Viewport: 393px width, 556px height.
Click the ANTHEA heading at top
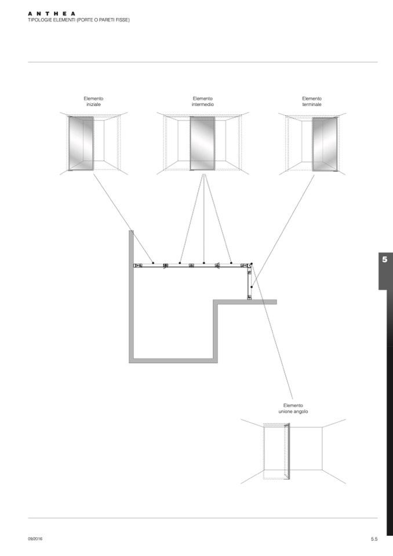[x=52, y=13]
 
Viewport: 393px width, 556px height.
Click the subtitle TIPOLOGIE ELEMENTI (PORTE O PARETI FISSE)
[x=79, y=20]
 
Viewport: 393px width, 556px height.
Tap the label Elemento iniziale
[x=93, y=101]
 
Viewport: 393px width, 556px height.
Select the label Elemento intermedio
[x=203, y=101]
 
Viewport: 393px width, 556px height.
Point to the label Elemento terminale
[x=312, y=101]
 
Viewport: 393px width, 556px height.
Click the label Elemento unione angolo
[x=293, y=408]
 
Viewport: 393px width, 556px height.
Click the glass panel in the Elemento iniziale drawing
[x=81, y=144]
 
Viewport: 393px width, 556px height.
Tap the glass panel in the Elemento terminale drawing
[x=325, y=144]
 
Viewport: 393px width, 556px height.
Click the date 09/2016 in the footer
[x=35, y=539]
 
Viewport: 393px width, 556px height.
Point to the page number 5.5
[x=374, y=539]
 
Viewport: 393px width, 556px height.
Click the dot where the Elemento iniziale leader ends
[x=152, y=263]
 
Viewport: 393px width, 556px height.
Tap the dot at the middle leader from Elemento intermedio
[x=204, y=263]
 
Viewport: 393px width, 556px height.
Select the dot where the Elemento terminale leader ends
[x=252, y=286]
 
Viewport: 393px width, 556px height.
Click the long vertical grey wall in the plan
[x=132, y=296]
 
